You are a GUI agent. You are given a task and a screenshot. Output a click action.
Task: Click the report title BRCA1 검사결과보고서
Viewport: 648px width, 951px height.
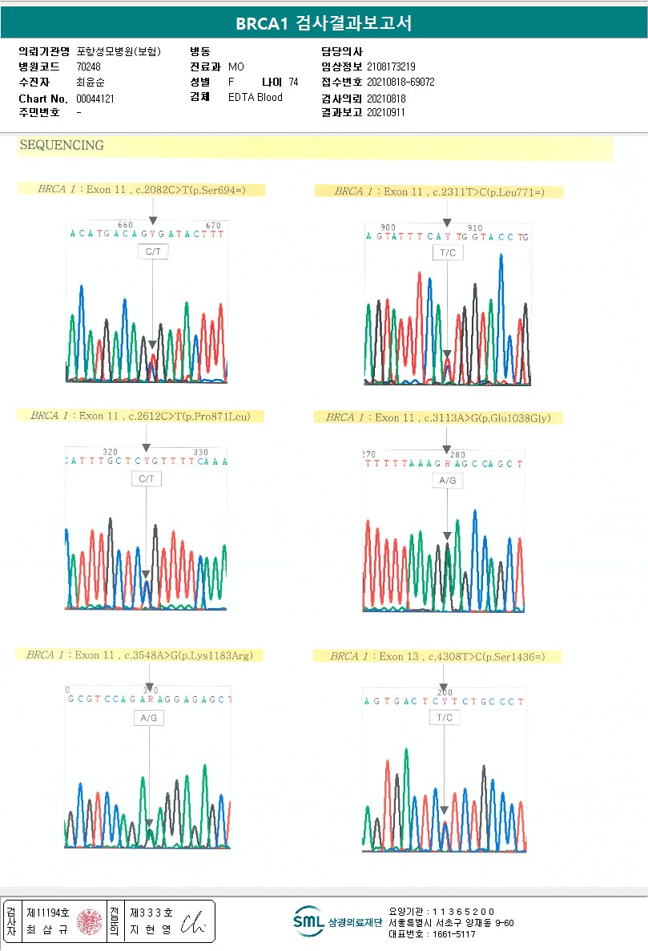(324, 23)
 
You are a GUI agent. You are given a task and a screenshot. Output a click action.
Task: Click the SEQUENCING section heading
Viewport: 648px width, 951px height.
(61, 146)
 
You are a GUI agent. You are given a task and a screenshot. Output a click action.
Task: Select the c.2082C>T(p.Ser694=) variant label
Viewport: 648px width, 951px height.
(141, 190)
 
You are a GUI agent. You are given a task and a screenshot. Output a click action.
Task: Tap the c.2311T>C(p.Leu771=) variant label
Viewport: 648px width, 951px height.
(438, 191)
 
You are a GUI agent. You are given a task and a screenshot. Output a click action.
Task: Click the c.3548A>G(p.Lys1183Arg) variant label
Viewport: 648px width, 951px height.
(139, 655)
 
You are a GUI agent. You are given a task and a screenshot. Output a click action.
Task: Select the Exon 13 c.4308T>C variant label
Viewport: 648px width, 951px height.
(437, 656)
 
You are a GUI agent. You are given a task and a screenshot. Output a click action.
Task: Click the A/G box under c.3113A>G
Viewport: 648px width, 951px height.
(447, 480)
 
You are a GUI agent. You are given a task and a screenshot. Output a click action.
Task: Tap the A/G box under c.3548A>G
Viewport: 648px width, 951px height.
(149, 718)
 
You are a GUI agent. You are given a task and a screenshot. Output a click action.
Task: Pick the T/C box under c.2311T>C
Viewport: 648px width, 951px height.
(447, 253)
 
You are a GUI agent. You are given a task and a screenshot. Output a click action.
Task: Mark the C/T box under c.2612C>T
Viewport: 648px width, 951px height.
(146, 479)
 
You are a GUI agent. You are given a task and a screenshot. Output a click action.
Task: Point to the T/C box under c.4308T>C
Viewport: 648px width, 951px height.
(444, 718)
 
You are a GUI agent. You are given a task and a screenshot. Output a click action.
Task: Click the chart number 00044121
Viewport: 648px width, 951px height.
(95, 99)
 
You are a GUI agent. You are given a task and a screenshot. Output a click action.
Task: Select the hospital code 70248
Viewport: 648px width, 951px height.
(88, 66)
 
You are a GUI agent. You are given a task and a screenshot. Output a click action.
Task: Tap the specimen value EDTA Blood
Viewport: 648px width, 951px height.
(255, 98)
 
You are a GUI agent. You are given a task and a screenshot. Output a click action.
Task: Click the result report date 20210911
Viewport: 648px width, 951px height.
(386, 112)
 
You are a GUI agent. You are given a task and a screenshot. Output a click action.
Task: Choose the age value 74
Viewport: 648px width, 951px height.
(293, 82)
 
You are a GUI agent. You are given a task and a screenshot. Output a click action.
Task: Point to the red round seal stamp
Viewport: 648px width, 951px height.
(90, 922)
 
